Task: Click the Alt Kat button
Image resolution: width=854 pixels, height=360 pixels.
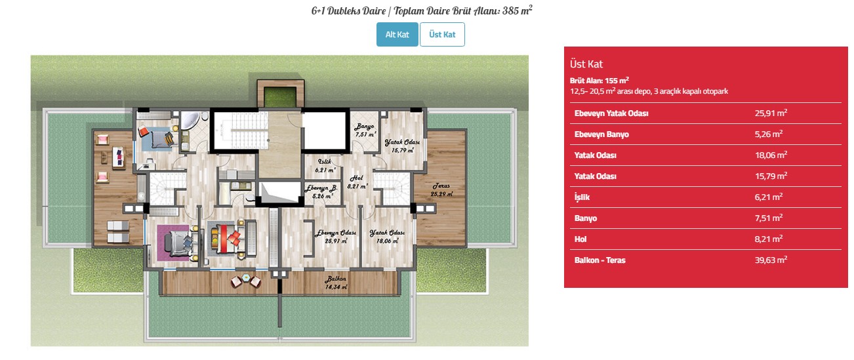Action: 397,34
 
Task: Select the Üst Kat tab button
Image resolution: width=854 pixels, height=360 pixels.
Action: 442,34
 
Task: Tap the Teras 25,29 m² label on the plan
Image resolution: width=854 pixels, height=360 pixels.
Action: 441,190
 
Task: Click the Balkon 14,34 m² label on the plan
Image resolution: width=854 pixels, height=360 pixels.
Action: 336,282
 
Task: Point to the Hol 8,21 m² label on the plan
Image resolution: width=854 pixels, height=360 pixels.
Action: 357,182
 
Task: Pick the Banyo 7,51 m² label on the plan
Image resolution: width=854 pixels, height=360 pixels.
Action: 365,130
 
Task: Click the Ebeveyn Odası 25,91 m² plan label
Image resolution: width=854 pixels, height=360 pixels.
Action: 336,237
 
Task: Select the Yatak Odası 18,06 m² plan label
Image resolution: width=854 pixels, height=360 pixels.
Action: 388,237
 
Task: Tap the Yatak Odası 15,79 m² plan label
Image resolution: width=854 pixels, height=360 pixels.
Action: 402,146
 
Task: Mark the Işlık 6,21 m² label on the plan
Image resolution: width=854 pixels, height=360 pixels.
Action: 325,166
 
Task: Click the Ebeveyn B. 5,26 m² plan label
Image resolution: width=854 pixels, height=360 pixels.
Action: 321,192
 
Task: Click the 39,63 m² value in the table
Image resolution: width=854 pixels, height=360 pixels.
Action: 771,260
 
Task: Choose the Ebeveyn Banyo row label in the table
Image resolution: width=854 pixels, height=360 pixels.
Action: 601,134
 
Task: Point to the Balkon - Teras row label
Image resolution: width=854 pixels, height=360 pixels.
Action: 600,260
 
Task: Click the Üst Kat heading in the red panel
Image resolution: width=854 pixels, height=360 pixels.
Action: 586,64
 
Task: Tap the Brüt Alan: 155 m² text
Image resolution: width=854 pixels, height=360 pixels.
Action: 600,81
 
